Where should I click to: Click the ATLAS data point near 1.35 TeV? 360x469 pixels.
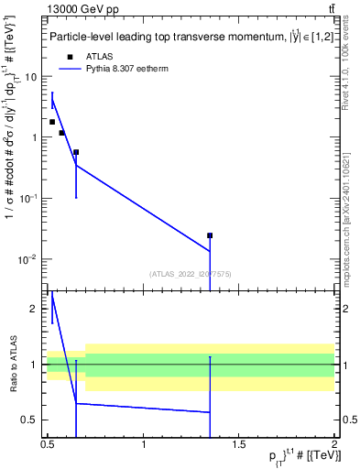point(210,235)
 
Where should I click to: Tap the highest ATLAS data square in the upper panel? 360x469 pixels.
point(52,122)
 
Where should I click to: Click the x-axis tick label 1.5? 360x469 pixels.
point(240,444)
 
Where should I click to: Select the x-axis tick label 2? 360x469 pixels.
point(334,444)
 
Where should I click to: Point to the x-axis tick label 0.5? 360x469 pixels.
point(49,444)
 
